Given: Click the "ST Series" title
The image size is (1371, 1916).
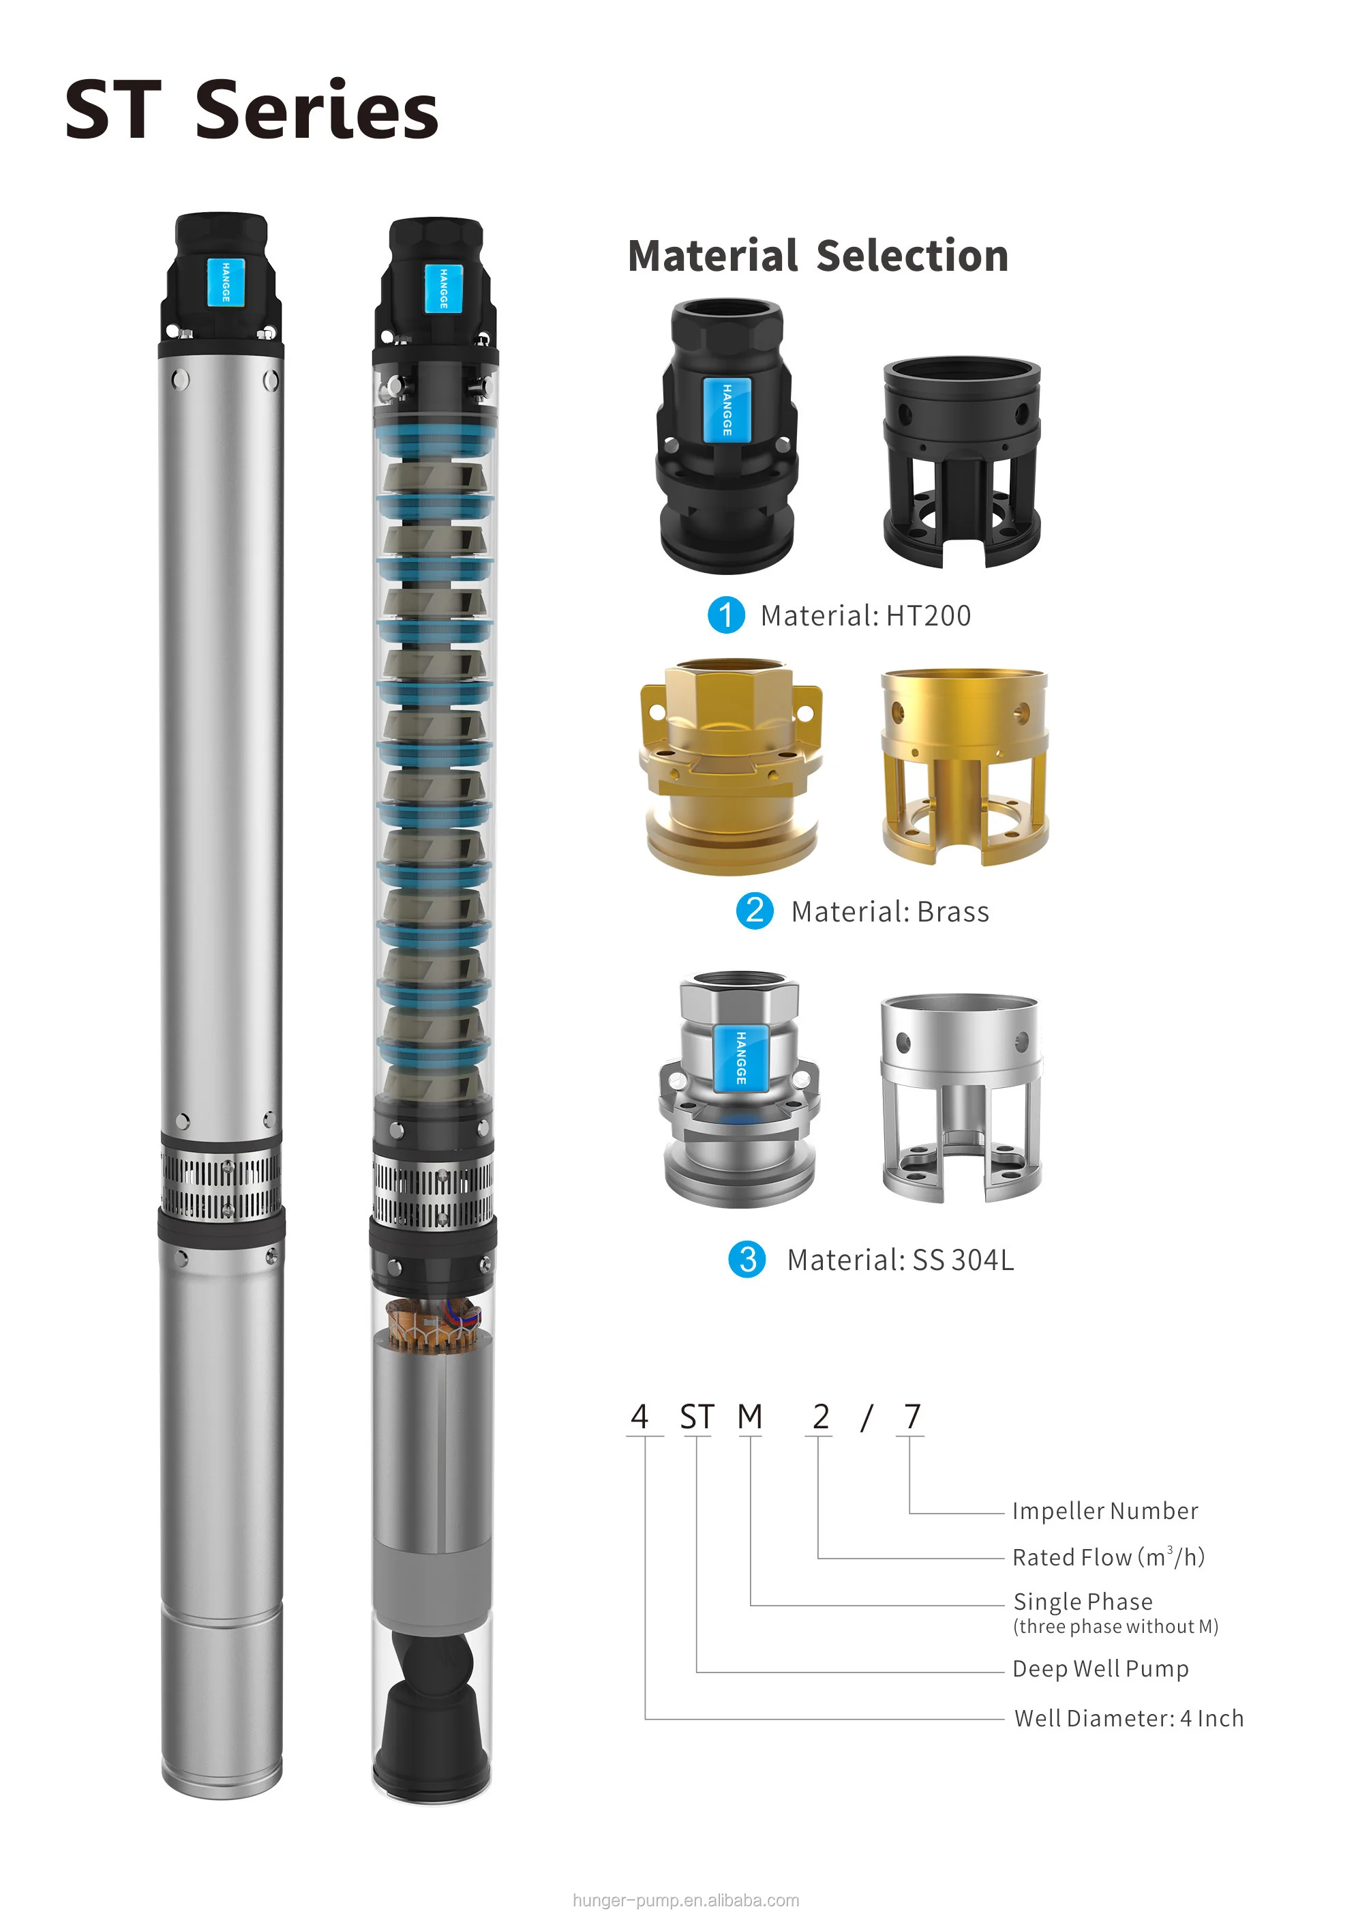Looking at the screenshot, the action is tap(252, 110).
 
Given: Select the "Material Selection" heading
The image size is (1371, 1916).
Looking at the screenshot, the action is tap(818, 256).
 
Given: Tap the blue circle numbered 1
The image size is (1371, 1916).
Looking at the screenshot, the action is tap(726, 615).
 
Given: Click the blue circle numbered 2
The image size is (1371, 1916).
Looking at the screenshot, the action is tap(755, 911).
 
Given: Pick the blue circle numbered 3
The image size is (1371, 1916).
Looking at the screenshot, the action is tap(747, 1259).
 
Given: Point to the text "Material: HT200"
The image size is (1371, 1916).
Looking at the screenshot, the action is tap(865, 615).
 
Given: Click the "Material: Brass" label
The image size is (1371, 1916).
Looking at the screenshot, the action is tap(890, 912).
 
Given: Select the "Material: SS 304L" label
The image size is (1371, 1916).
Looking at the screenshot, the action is tap(900, 1260).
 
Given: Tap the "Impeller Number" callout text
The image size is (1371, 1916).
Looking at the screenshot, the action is tap(1105, 1511).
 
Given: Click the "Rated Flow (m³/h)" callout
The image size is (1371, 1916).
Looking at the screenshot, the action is tap(1109, 1557).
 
